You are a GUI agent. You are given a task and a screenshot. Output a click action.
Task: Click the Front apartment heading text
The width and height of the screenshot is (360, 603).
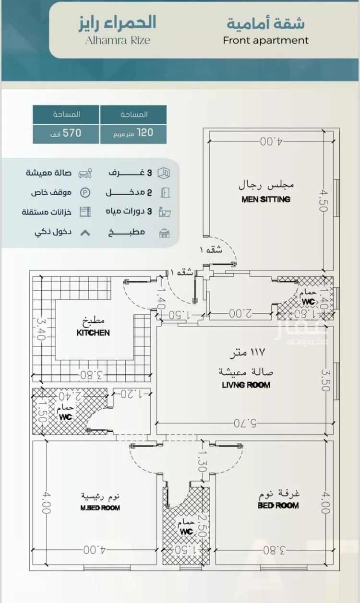265,40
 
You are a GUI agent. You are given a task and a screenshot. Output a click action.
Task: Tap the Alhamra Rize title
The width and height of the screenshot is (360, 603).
117,40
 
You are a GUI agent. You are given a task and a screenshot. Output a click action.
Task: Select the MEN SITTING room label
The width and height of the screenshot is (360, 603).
266,199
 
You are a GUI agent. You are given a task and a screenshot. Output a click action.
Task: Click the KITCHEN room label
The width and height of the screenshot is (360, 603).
93,332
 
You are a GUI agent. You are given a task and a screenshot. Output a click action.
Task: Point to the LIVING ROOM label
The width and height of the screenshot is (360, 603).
246,385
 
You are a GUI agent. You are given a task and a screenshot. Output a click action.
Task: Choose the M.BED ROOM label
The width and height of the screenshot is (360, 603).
100,507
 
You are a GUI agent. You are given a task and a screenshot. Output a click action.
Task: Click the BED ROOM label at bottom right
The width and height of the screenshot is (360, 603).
278,505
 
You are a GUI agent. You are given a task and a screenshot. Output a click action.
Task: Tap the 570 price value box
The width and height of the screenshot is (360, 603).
66,133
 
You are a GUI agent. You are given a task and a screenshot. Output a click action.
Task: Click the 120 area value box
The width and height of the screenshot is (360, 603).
133,133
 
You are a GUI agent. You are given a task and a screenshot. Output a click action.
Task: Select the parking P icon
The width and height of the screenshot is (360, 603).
84,192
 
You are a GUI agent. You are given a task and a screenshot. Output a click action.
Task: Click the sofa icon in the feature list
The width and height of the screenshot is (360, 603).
84,173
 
